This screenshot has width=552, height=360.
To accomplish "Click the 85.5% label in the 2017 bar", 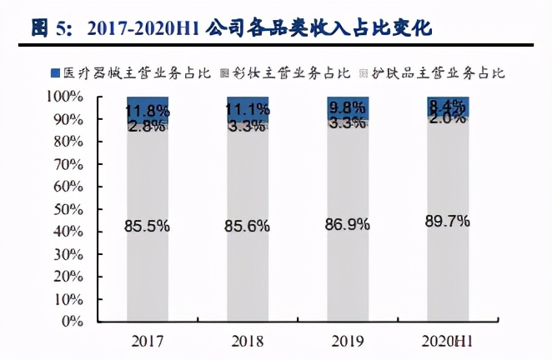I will pos(148,224).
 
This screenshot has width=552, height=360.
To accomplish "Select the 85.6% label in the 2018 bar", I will pos(248,224).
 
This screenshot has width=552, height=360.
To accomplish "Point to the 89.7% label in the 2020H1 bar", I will pos(448,221).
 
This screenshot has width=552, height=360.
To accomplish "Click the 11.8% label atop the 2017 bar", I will pos(148,112).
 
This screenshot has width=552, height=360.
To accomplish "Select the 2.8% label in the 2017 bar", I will pos(148,126).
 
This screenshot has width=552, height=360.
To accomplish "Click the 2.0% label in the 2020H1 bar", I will pos(448,119).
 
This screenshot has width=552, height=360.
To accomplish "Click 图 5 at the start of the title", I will pos(49,28).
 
